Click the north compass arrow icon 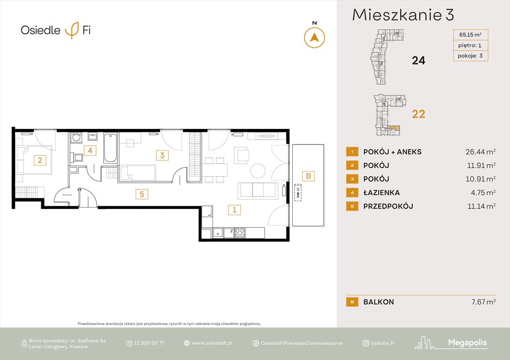click(314, 37)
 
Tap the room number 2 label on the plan click(40, 160)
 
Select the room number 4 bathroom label click(90, 150)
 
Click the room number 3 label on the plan click(162, 155)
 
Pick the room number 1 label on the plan click(234, 210)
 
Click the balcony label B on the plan click(308, 176)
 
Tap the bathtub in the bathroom click(110, 148)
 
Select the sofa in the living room click(259, 190)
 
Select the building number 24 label click(418, 60)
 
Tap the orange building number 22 click(418, 114)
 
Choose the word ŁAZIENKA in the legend click(381, 192)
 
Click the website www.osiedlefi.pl click(212, 343)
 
